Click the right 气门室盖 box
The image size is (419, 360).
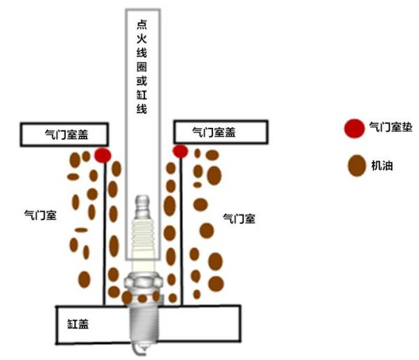221,131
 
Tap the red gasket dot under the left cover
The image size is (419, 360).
103,155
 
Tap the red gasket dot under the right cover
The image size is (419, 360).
180,151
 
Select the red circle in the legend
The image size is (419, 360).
354,128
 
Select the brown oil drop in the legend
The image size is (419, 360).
357,166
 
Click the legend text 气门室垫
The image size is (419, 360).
390,128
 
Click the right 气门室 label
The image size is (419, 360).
239,218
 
